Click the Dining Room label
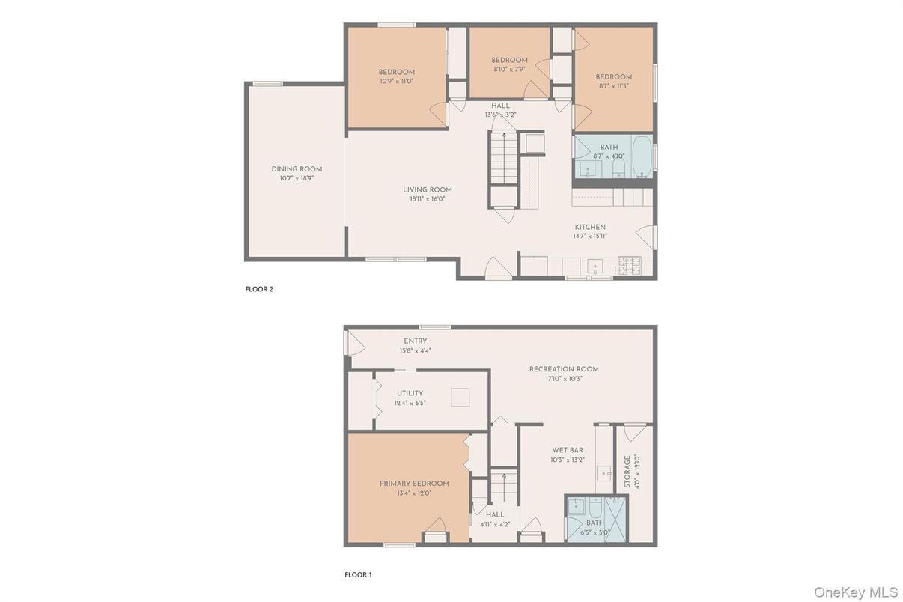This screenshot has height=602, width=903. click(x=296, y=169)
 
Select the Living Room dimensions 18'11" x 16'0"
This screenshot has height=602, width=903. click(x=428, y=200)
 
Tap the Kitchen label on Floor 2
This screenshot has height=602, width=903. click(x=590, y=227)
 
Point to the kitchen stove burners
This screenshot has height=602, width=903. click(x=629, y=264)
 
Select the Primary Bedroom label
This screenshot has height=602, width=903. click(x=414, y=484)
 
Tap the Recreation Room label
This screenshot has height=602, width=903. click(x=564, y=369)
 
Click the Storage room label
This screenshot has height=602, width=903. click(x=627, y=472)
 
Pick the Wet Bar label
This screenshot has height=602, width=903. click(x=568, y=450)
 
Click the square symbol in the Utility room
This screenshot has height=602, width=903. click(x=460, y=398)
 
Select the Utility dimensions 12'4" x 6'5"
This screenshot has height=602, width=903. click(x=410, y=403)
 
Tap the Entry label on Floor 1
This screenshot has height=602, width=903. click(x=416, y=341)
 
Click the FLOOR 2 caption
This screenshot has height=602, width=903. click(x=259, y=289)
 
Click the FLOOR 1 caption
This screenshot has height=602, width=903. click(x=357, y=575)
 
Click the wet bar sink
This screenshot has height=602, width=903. click(x=604, y=474)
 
